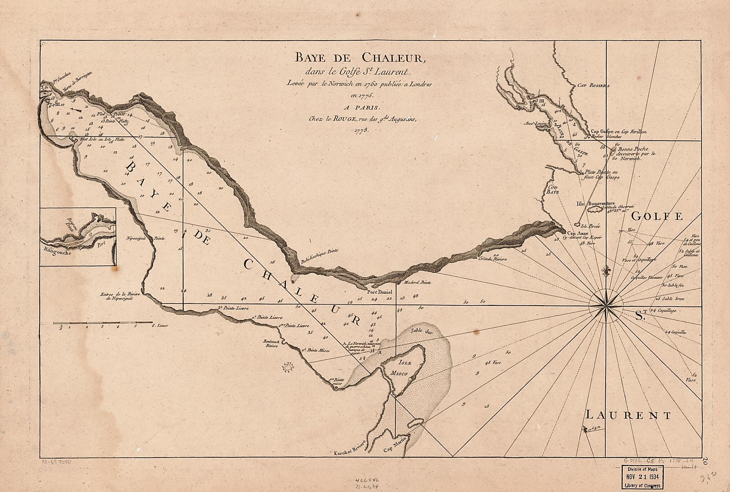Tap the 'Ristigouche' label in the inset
[58, 253]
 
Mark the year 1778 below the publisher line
[361, 130]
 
